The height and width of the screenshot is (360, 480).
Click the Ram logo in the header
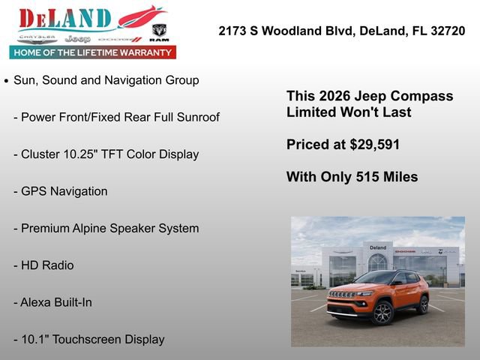tap(159, 31)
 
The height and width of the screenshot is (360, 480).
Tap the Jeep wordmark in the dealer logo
tap(76, 38)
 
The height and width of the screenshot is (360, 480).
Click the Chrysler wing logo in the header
tap(37, 37)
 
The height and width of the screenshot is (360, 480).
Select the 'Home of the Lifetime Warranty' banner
tap(93, 52)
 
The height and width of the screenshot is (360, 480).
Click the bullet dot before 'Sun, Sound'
tap(7, 80)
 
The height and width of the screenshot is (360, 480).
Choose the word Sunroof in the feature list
tap(196, 117)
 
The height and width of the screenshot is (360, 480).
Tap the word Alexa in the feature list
tap(37, 302)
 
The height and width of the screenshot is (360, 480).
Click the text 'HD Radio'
tap(47, 265)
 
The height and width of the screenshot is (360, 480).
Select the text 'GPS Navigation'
tap(64, 191)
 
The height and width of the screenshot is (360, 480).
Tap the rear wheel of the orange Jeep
tap(423, 304)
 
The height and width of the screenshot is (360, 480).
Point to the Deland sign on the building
tap(378, 247)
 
